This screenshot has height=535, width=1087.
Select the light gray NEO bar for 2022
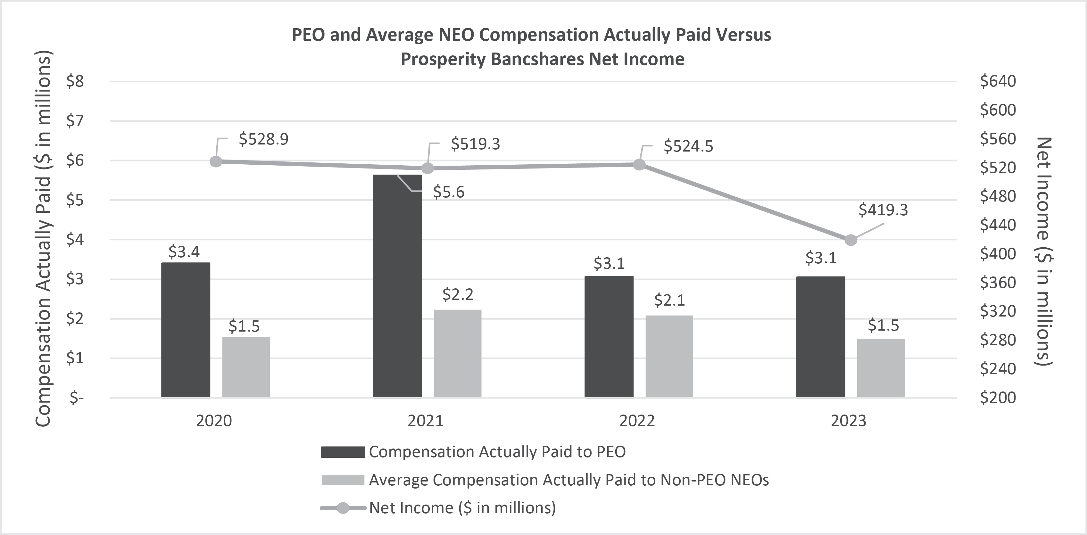(669, 357)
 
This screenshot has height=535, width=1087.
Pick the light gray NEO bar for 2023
(881, 368)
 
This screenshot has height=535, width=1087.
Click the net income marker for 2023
(851, 240)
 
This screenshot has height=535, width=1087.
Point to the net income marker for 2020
(216, 161)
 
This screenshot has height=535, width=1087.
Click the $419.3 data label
(883, 210)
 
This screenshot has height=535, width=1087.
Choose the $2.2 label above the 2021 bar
(458, 294)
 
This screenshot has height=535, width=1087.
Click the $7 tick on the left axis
(75, 121)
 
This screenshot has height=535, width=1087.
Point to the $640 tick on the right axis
(998, 81)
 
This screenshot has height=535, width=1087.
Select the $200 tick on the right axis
(998, 398)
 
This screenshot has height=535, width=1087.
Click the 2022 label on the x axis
(637, 421)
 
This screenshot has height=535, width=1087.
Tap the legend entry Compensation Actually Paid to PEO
(497, 452)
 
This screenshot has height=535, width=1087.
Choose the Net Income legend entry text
(462, 507)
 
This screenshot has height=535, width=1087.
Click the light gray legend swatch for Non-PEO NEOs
(343, 480)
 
